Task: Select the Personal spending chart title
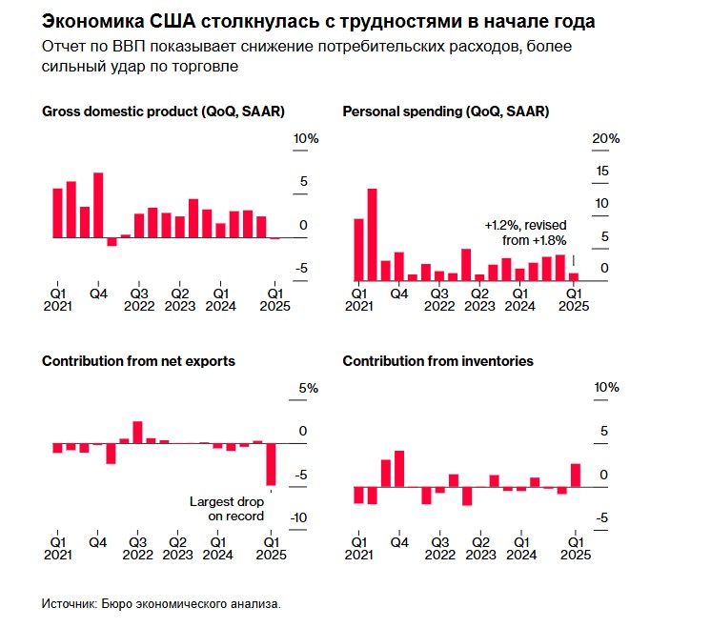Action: point(445,111)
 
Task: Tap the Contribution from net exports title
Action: point(138,361)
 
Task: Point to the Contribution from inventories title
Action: point(437,361)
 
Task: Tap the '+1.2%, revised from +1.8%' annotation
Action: point(525,233)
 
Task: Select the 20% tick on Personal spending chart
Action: point(606,139)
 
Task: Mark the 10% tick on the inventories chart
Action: point(606,388)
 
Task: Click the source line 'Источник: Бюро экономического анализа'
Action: point(162,604)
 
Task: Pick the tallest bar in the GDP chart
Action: point(98,205)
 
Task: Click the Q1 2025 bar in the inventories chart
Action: point(576,475)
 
